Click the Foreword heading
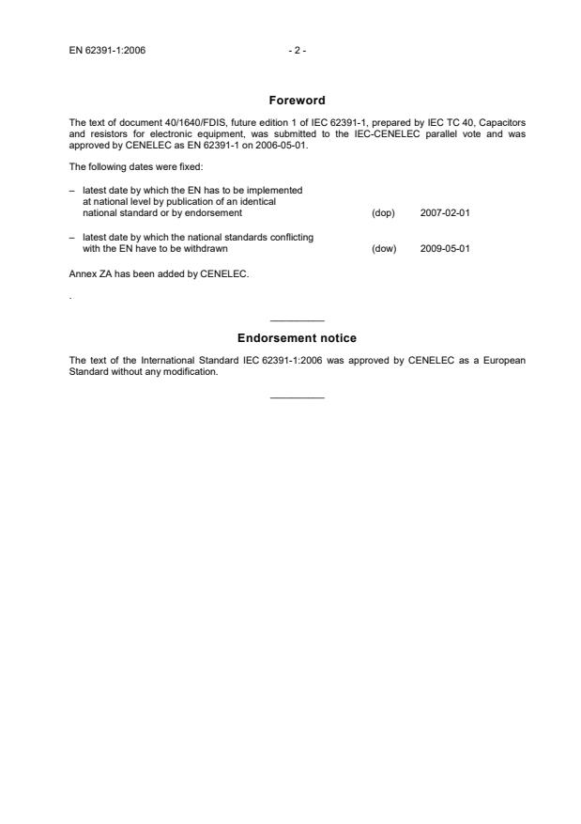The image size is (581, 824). coord(297,100)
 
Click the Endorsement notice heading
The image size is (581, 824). coord(297,338)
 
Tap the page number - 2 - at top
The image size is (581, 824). coord(297,50)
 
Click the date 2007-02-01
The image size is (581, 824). coord(446,213)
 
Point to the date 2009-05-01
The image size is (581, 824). coord(446,249)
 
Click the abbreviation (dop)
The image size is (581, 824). coord(383,213)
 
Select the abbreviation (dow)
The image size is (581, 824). coord(384,249)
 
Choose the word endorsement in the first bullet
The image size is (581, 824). coord(219,213)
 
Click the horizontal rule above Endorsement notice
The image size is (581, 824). coord(297,321)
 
